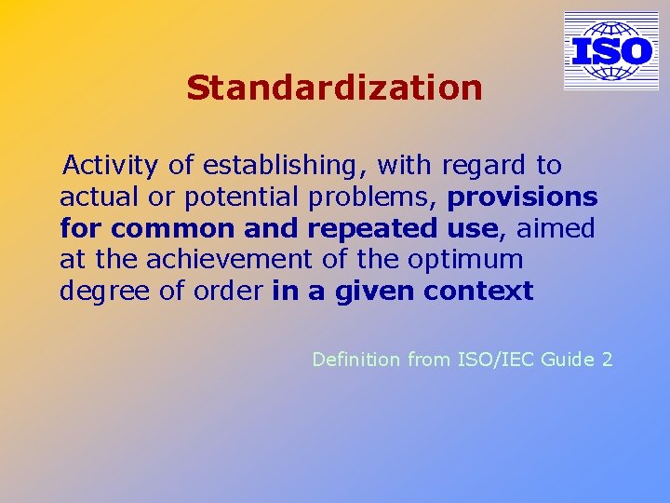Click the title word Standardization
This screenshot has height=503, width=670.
(334, 88)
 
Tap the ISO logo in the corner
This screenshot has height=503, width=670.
(610, 51)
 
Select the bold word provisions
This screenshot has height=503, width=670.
(522, 197)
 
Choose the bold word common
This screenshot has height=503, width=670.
(173, 228)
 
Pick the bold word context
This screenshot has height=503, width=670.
(478, 292)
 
